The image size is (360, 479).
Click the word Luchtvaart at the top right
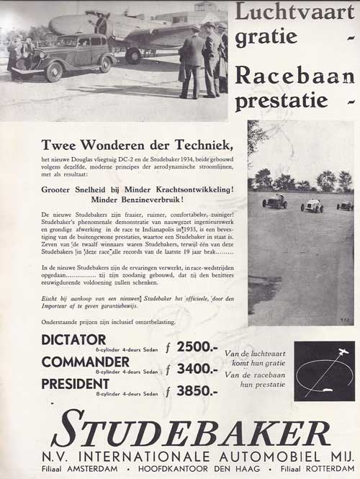295,12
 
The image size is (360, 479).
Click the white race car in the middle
312,205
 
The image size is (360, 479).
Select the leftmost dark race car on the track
275,201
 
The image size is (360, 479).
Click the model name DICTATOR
74,339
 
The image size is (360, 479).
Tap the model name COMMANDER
86,361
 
